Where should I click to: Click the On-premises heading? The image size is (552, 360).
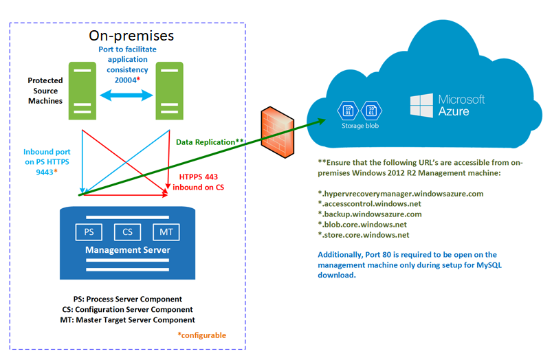pyautogui.click(x=131, y=35)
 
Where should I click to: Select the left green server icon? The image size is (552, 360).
pyautogui.click(x=81, y=88)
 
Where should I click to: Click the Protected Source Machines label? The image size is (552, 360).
pyautogui.click(x=45, y=91)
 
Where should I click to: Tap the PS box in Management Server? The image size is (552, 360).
pyautogui.click(x=89, y=232)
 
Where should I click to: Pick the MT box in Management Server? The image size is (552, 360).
pyautogui.click(x=166, y=232)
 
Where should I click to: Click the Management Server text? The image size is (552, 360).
pyautogui.click(x=127, y=251)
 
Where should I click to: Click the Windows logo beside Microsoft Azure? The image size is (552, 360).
pyautogui.click(x=421, y=105)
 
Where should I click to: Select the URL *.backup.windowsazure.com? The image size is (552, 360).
pyautogui.click(x=369, y=214)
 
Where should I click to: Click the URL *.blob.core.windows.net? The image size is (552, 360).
pyautogui.click(x=362, y=225)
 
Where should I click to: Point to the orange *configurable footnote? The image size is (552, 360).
pyautogui.click(x=201, y=335)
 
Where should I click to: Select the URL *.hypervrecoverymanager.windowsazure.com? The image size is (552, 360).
pyautogui.click(x=400, y=194)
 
